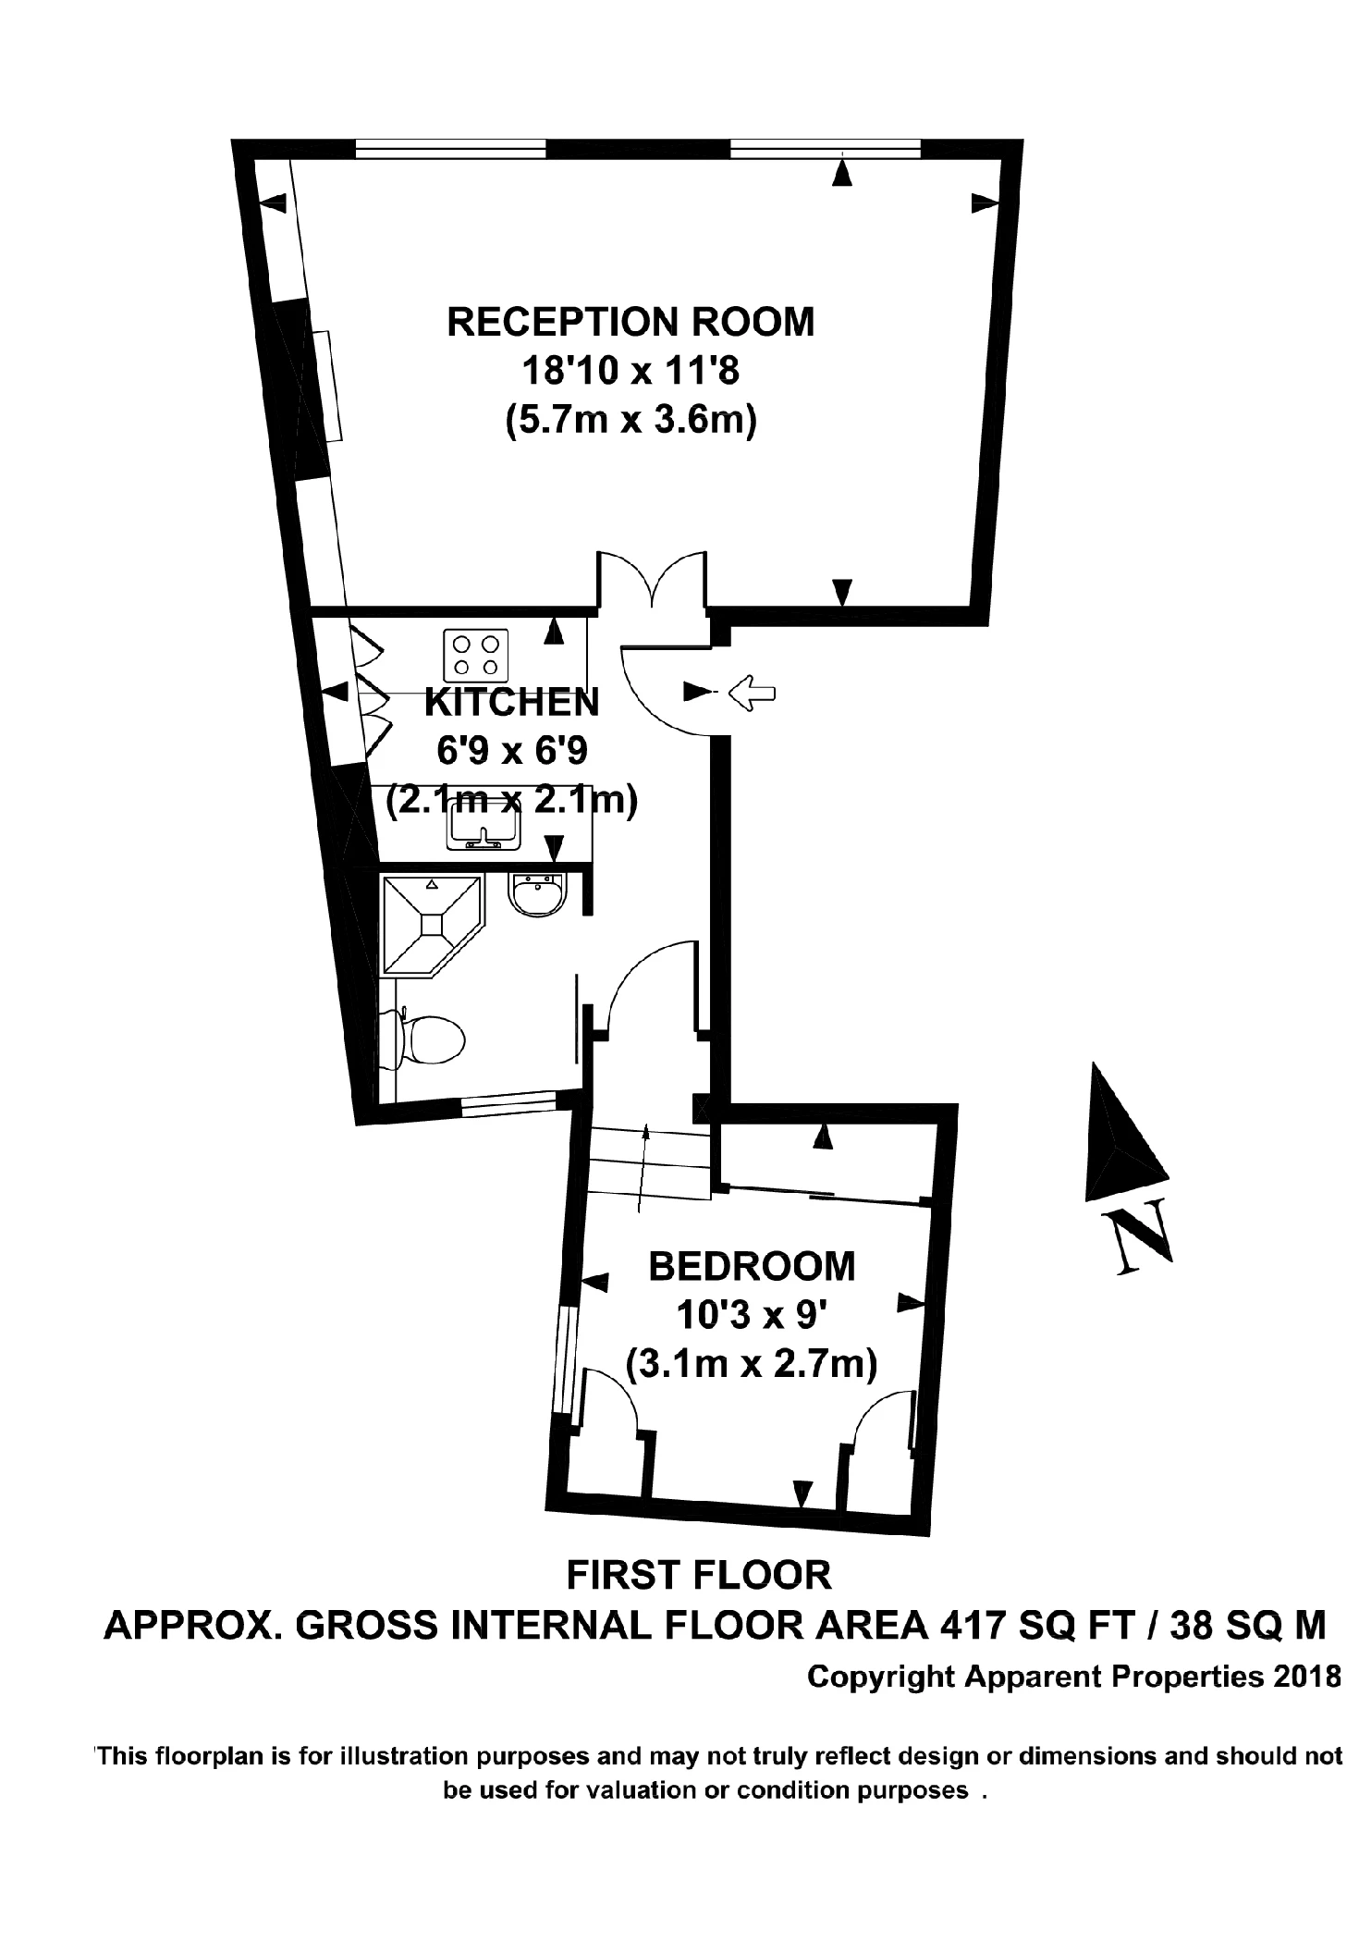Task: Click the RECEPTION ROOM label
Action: tap(630, 322)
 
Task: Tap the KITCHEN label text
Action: tap(511, 703)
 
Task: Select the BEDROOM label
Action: tap(752, 1266)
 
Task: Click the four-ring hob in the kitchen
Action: tap(476, 654)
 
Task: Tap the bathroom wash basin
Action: tap(537, 895)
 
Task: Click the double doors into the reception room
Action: tap(652, 583)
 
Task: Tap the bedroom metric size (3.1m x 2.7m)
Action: tap(751, 1364)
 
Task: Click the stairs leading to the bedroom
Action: tap(647, 1165)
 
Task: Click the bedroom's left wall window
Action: tap(564, 1359)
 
